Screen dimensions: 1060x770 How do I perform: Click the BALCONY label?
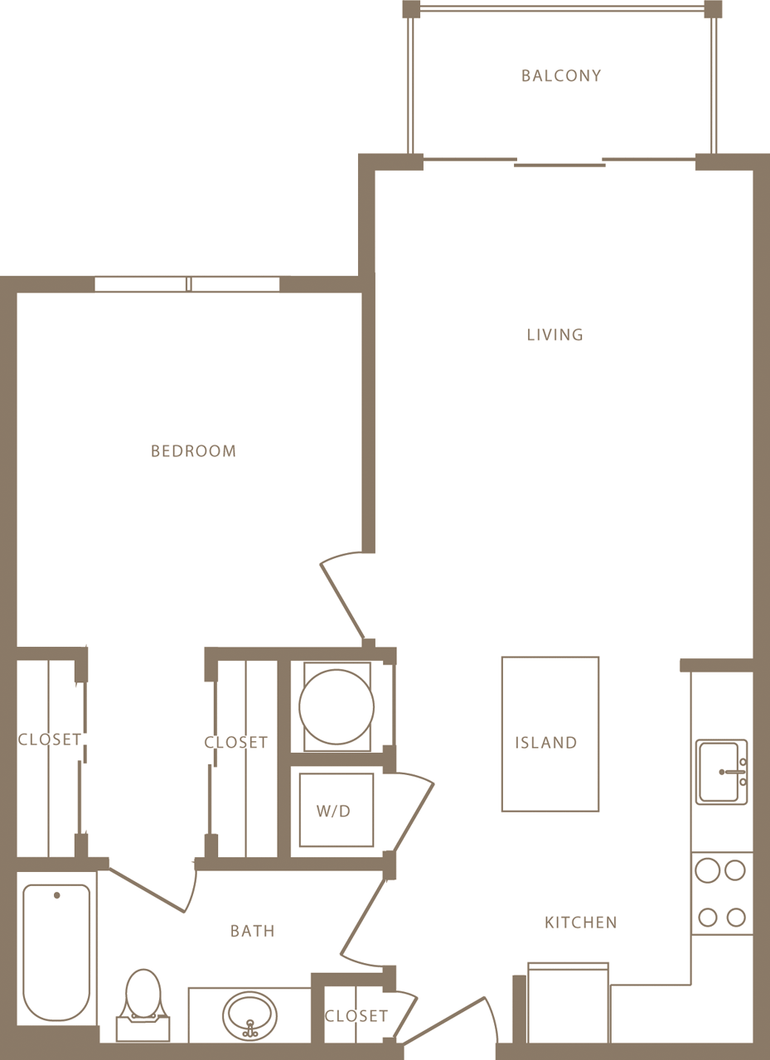(561, 76)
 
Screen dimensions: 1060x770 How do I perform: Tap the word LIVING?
(554, 335)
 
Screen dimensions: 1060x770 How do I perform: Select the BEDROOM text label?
(193, 451)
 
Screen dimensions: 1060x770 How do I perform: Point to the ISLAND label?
(545, 743)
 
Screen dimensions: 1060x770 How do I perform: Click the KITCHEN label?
(580, 923)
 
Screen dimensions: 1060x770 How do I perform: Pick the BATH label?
(252, 932)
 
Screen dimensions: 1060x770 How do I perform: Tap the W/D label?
(333, 812)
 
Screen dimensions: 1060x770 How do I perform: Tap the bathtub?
(56, 952)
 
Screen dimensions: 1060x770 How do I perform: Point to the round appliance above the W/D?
(337, 706)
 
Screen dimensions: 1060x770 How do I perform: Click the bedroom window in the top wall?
(187, 284)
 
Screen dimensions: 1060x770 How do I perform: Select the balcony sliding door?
(559, 162)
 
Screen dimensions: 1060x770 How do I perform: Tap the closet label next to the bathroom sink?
(356, 1016)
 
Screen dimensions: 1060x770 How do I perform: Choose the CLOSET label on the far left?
(50, 740)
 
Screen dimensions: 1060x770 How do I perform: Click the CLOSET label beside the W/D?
(236, 743)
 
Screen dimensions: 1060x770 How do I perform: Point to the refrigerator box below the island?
(569, 1002)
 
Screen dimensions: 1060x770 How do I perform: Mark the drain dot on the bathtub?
(56, 895)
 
